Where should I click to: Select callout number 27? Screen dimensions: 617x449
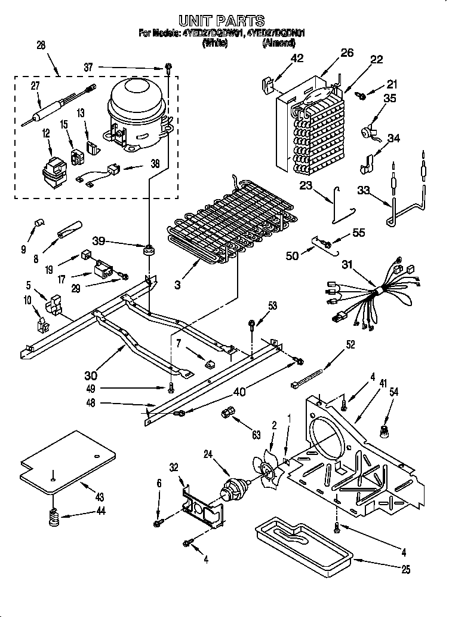point(35,86)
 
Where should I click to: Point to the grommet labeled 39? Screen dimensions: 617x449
point(146,248)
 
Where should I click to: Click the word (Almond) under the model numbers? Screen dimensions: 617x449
point(278,43)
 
